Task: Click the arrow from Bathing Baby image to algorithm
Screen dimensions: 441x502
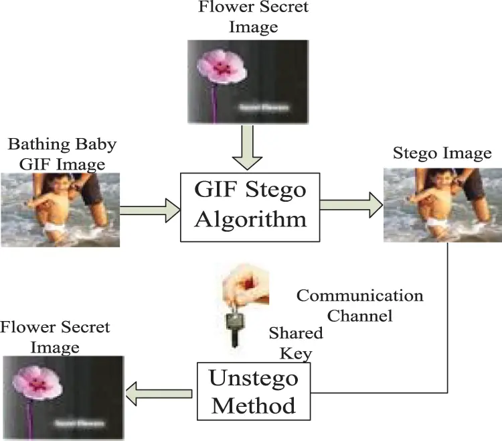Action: point(151,210)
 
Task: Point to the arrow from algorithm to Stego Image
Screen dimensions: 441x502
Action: point(349,205)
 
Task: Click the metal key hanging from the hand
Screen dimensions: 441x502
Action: point(234,328)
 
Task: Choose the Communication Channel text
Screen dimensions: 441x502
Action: point(359,304)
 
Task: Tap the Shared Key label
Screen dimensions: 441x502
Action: point(295,342)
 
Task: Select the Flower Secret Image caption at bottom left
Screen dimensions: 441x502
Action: point(55,337)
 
